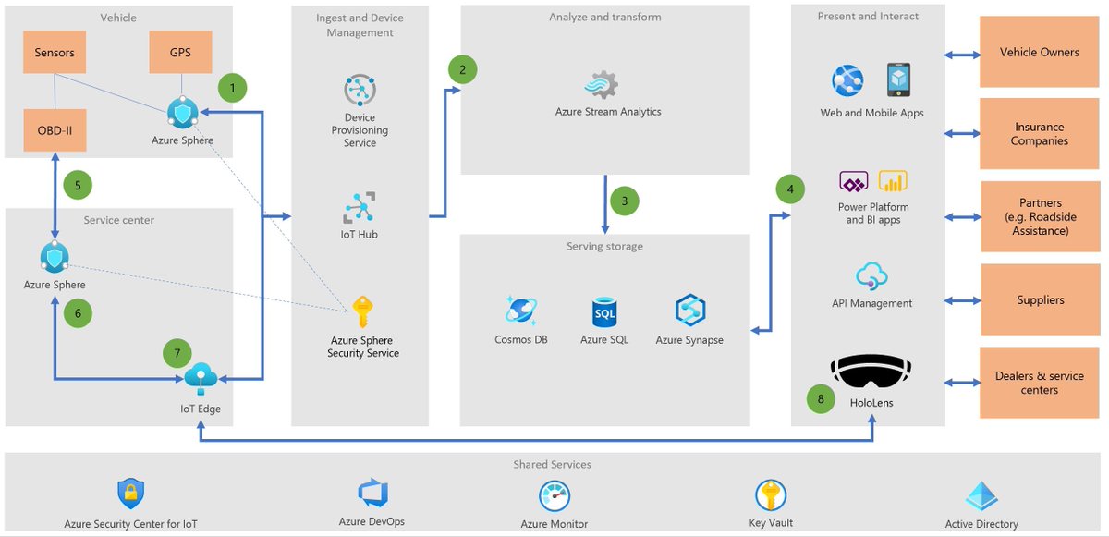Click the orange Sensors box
tap(55, 53)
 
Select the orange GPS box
tap(180, 53)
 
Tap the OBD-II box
tap(55, 130)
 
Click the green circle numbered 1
tap(233, 89)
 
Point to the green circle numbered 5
tap(78, 185)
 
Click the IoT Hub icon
tap(360, 208)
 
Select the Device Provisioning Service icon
tap(360, 92)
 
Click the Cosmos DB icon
tap(520, 311)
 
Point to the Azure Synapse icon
tap(689, 311)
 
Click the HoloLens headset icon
tap(871, 370)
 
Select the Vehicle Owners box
tap(1039, 53)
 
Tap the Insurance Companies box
tap(1039, 135)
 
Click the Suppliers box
tap(1039, 300)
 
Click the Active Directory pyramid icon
tap(981, 496)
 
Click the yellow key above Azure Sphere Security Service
tap(362, 311)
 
